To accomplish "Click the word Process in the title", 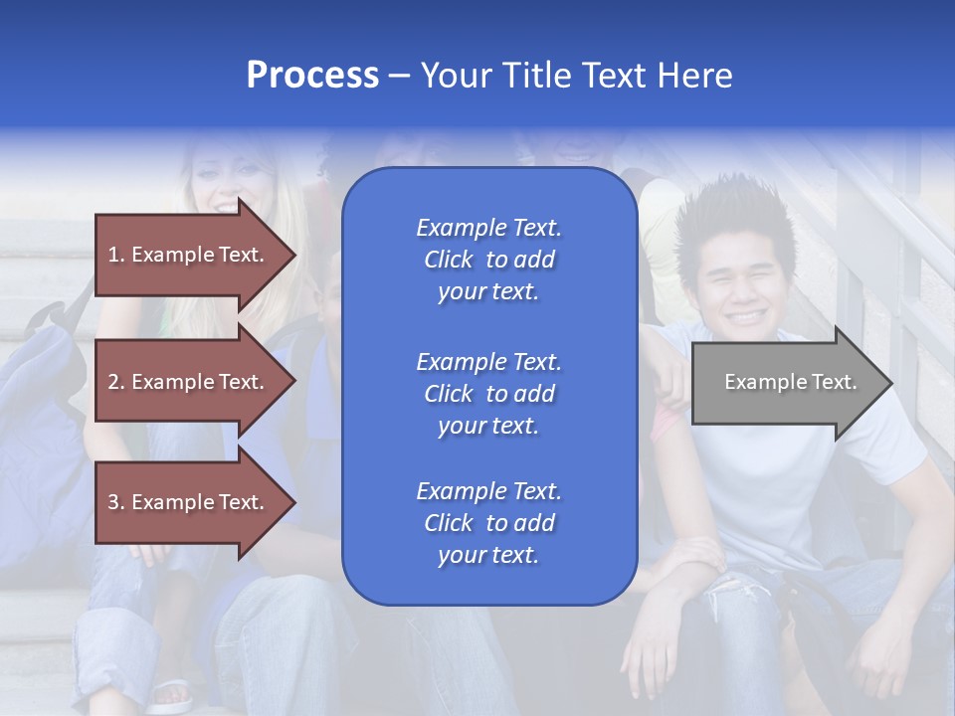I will [x=312, y=76].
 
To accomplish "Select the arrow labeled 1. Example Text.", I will [x=189, y=255].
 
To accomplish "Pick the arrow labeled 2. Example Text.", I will [x=189, y=382].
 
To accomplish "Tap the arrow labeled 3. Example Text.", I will [x=189, y=502].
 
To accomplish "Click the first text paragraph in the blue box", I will [x=488, y=260].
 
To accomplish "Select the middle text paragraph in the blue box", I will [x=488, y=394].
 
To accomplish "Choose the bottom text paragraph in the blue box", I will [x=488, y=523].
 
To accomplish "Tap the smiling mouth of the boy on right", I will [x=746, y=316].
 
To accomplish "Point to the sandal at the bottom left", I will [x=171, y=694].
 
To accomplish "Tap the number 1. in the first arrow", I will [x=115, y=255].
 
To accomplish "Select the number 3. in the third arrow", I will [x=116, y=502].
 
